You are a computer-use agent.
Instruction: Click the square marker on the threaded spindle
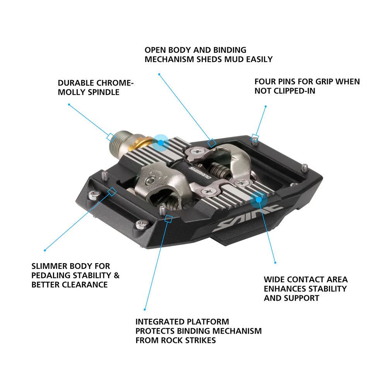[x=110, y=137]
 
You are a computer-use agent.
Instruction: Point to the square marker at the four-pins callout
[x=255, y=137]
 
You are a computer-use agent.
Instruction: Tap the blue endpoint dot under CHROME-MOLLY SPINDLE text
[x=69, y=104]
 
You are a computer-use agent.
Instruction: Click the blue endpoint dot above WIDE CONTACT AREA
[x=276, y=263]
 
